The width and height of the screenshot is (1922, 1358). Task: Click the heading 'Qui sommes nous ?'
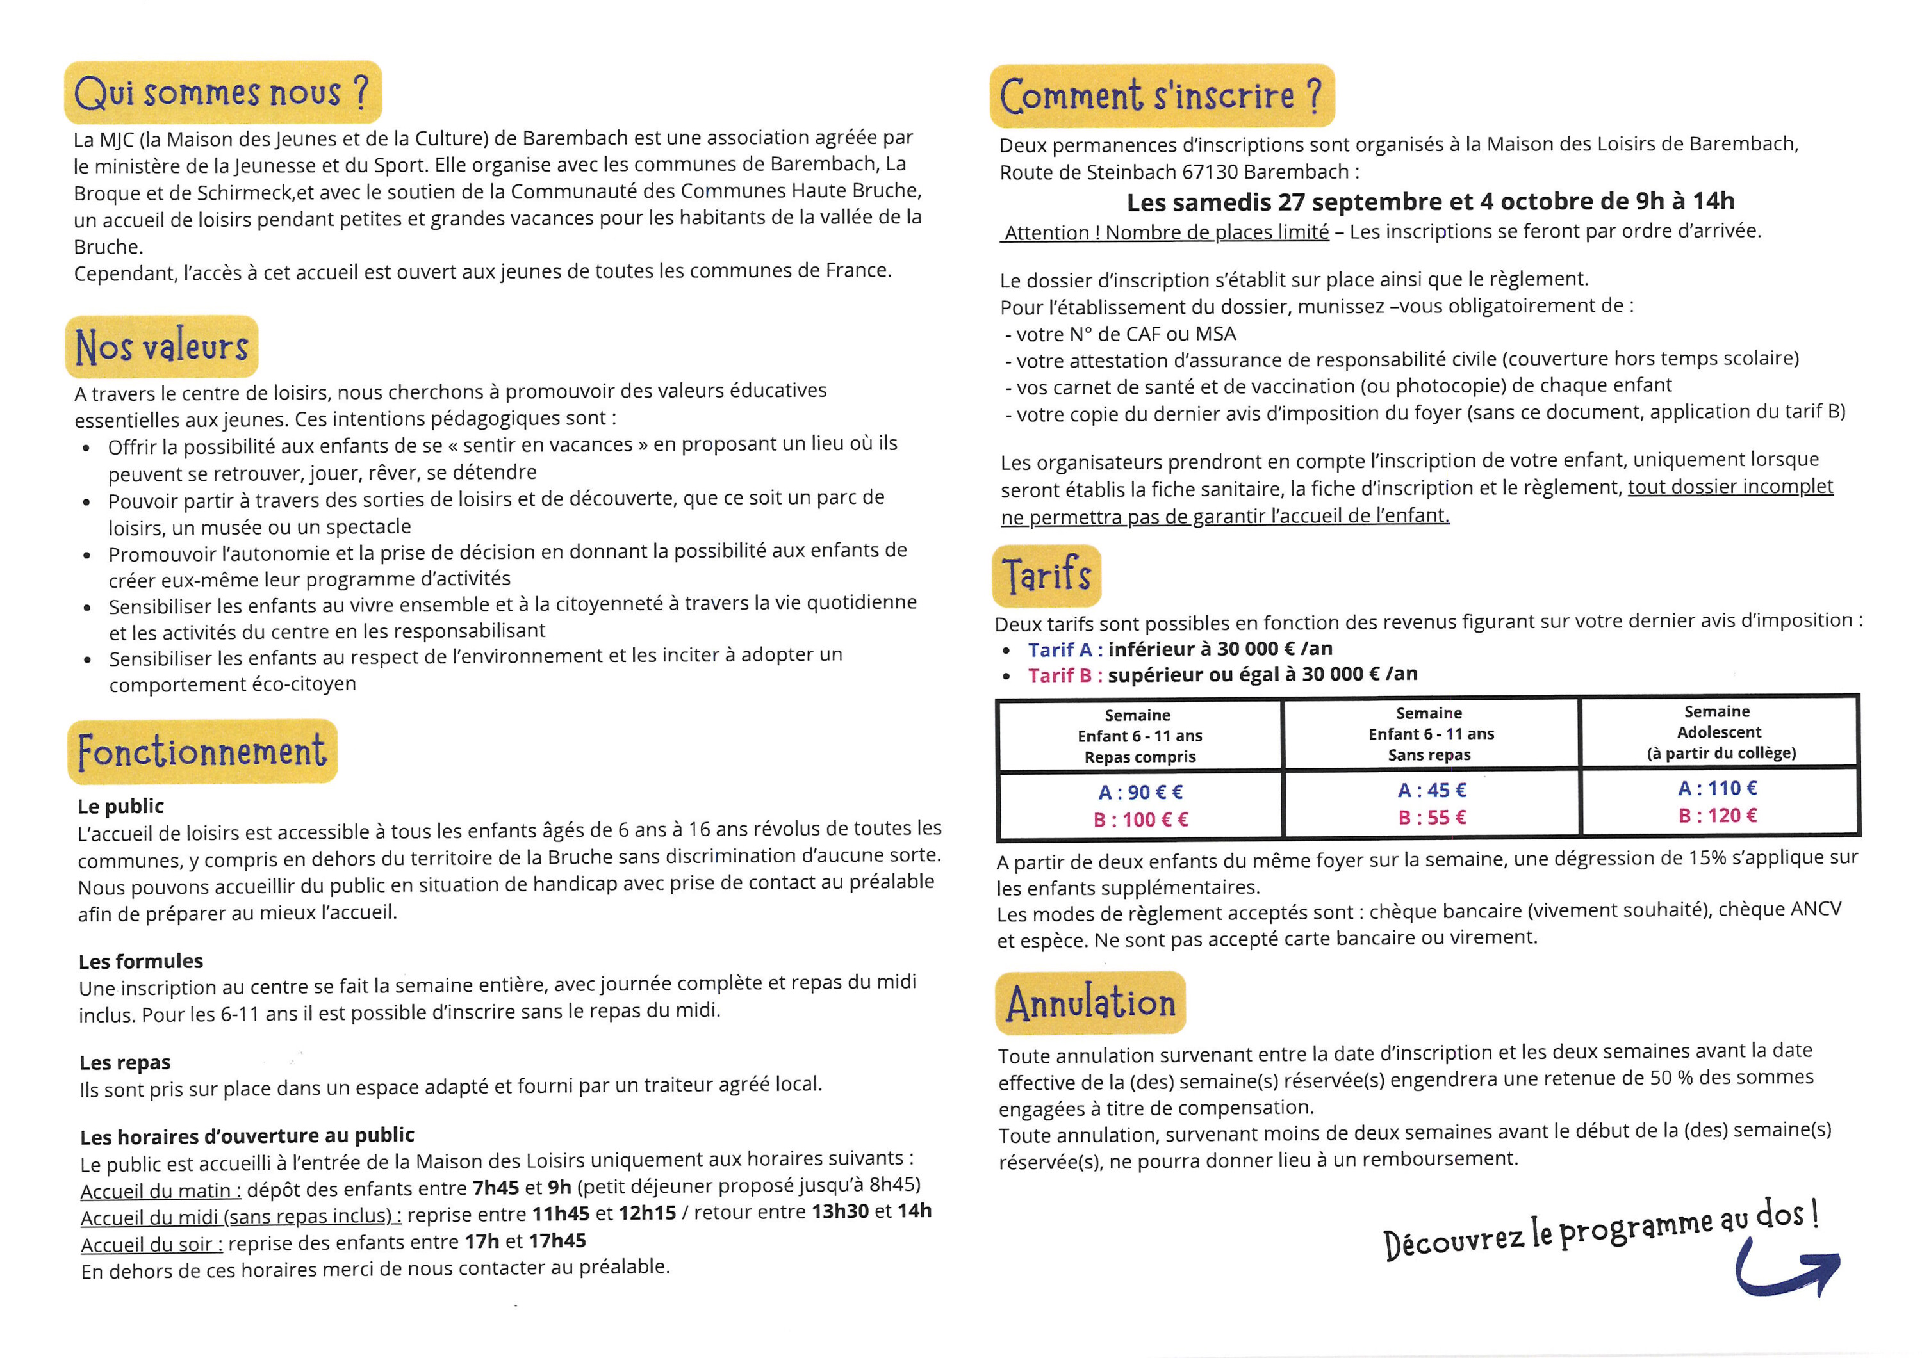click(x=222, y=92)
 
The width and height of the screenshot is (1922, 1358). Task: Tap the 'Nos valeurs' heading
click(x=161, y=346)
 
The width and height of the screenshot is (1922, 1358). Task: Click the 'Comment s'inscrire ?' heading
click(x=1161, y=95)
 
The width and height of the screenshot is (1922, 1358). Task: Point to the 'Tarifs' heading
click(x=1046, y=576)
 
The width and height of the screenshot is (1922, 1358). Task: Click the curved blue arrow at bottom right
click(x=1787, y=1272)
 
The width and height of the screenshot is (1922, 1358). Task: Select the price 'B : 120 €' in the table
click(x=1718, y=816)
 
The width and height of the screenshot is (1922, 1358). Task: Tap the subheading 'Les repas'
click(x=125, y=1063)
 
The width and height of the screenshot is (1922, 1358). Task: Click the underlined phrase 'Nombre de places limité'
click(x=1217, y=232)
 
